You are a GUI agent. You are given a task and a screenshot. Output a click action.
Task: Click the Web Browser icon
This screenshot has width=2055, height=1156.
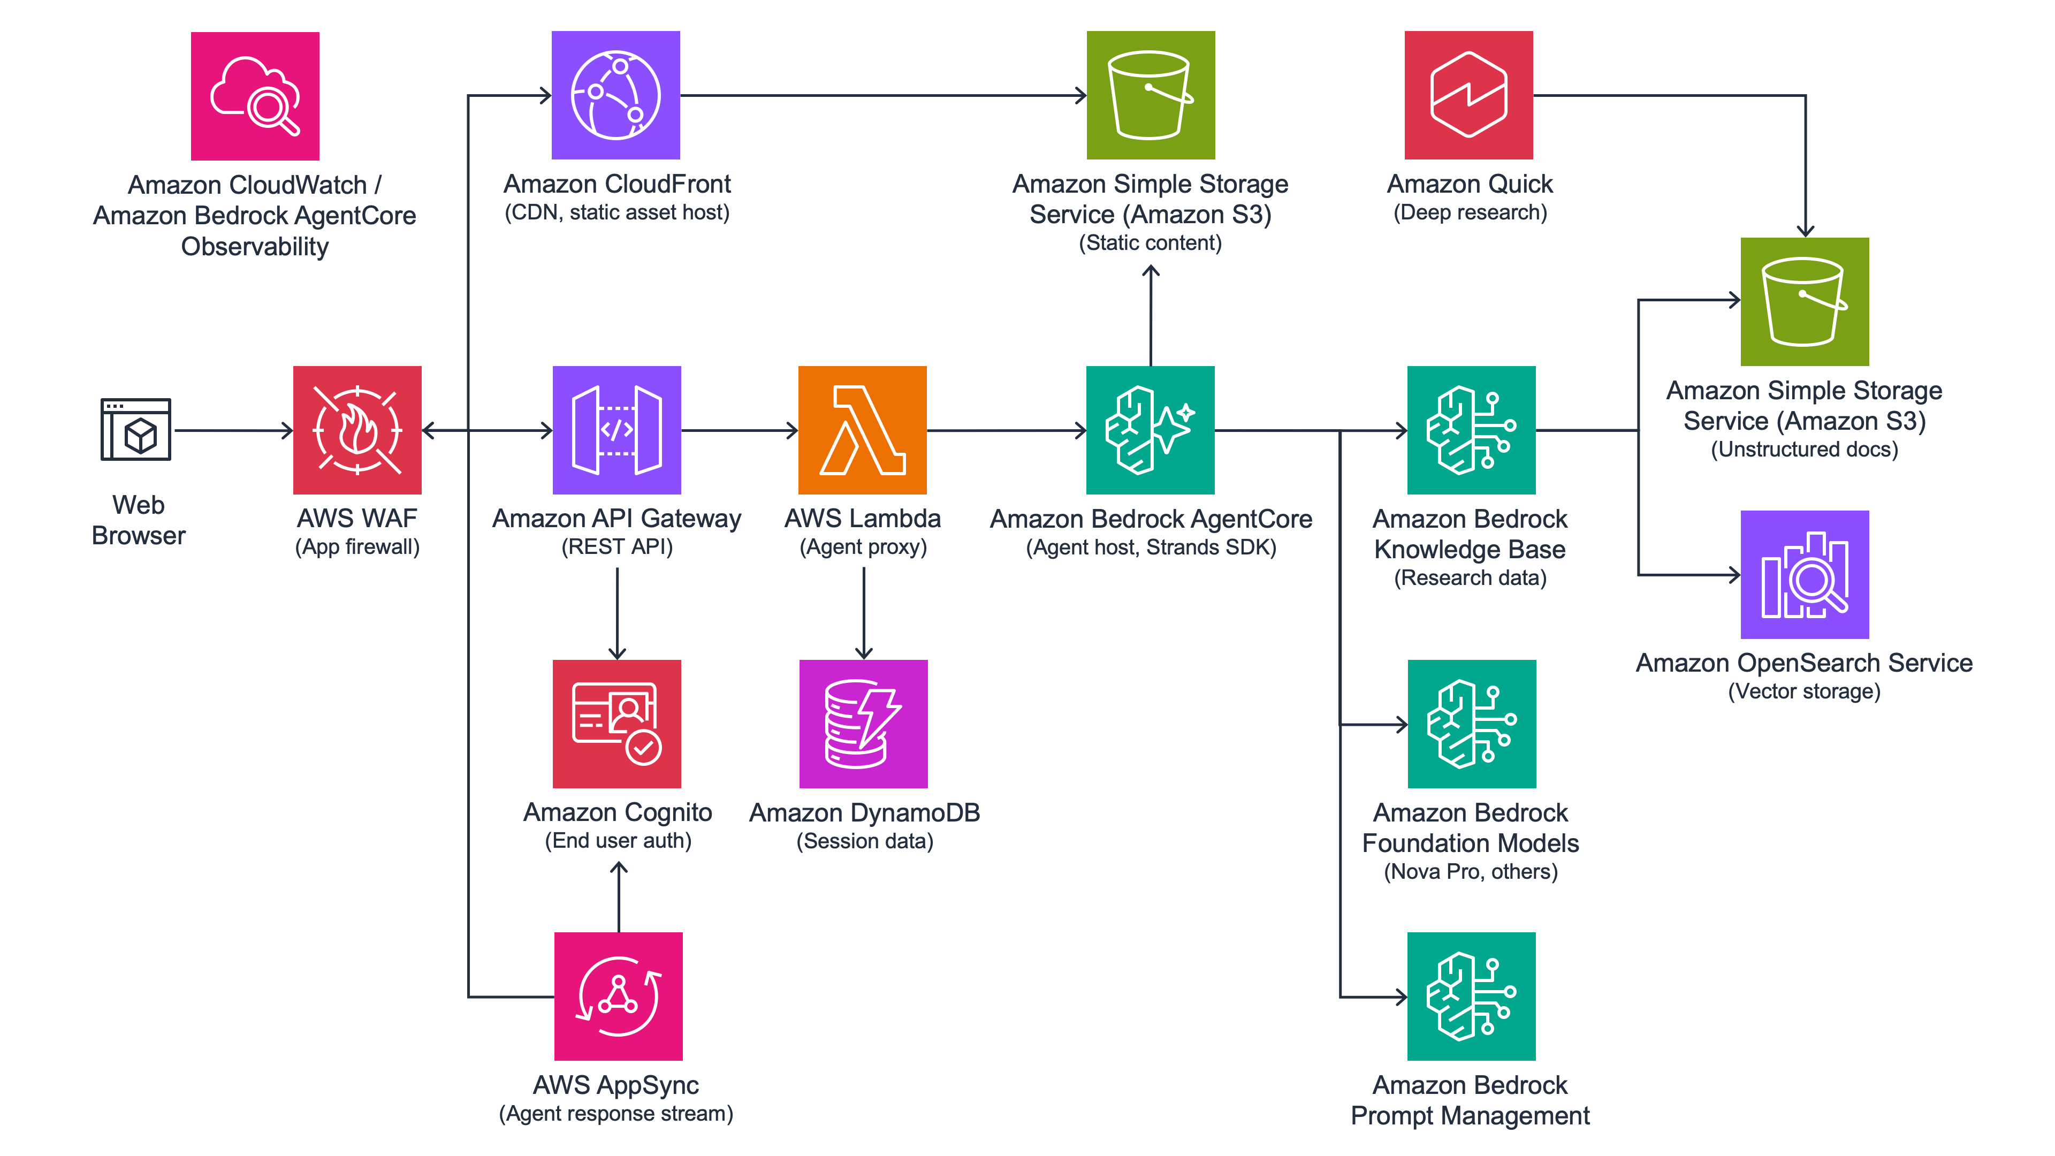[135, 429]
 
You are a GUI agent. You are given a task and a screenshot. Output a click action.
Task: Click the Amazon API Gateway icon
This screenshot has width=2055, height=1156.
[616, 430]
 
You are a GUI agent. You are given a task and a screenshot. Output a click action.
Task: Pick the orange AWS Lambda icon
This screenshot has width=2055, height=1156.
[862, 430]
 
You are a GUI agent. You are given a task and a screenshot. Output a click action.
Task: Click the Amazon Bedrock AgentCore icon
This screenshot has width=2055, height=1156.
[1151, 430]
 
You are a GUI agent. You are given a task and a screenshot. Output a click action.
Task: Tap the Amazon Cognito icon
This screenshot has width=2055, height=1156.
[616, 724]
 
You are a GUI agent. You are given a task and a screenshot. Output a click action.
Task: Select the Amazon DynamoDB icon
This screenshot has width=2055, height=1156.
[863, 724]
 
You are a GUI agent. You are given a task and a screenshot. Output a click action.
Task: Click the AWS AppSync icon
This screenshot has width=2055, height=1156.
[618, 995]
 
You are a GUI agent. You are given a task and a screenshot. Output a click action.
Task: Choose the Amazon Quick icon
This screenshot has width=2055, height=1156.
[1468, 95]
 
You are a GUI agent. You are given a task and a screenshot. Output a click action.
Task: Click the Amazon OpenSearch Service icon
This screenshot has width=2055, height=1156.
[1805, 574]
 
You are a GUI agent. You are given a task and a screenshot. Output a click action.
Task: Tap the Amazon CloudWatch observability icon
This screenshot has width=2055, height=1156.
[255, 96]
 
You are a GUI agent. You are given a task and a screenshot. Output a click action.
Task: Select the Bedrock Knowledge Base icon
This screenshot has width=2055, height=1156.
[1471, 430]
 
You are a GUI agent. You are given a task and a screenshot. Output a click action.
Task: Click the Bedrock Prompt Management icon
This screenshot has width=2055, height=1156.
[1471, 995]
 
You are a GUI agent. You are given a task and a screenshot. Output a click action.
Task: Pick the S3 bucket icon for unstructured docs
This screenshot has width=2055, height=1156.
[1805, 301]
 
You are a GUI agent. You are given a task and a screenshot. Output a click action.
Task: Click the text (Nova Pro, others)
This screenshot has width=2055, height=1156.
[1470, 871]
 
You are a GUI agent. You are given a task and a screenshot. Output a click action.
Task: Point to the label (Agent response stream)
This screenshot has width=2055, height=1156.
[616, 1113]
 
